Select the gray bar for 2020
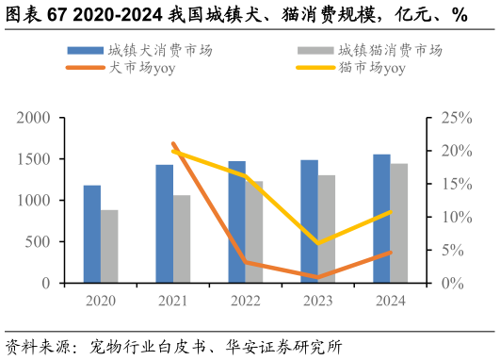(109, 246)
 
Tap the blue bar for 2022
(236, 221)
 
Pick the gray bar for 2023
(326, 229)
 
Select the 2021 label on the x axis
(173, 301)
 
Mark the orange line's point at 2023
(318, 277)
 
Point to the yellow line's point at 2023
(318, 243)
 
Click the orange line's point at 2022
(246, 262)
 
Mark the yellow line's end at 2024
(390, 212)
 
